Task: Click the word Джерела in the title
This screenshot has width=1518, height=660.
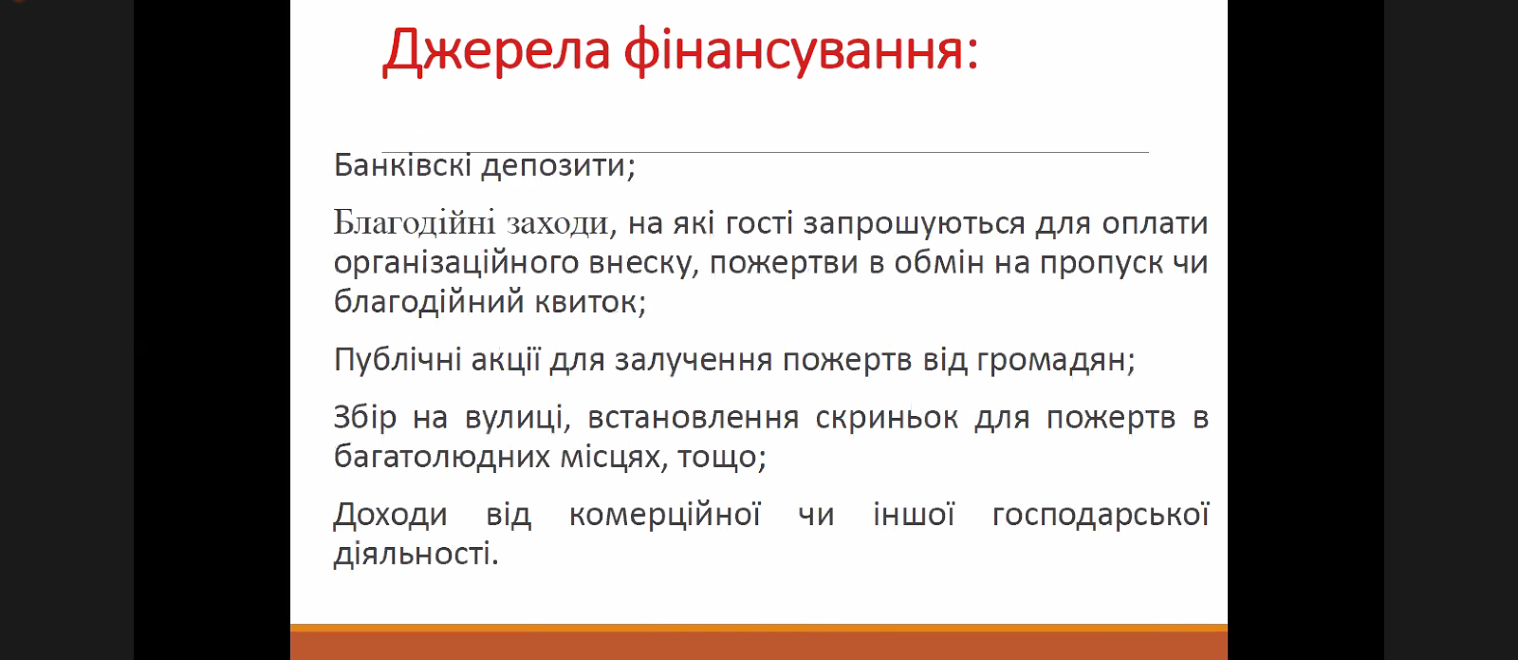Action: [497, 51]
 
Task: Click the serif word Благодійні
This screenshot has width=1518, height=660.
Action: [415, 223]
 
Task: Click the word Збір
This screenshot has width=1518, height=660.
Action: [364, 418]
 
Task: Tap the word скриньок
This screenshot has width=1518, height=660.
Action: [886, 419]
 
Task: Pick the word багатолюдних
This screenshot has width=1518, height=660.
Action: [442, 457]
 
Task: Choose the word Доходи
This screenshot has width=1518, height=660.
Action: [390, 516]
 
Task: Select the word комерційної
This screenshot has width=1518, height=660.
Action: [665, 516]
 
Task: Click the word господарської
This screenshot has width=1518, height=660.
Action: [1101, 516]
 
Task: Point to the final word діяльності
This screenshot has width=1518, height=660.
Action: [417, 554]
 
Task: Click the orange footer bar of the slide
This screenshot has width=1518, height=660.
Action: [759, 642]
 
